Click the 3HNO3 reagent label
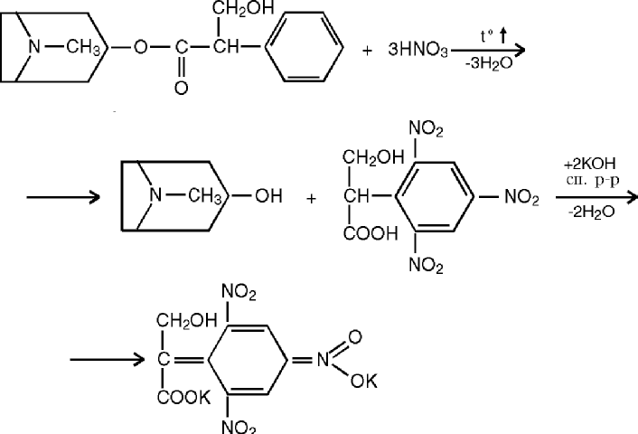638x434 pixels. click(x=421, y=51)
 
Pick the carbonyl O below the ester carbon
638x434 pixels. click(x=182, y=88)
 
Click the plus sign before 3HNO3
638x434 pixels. click(x=367, y=51)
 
